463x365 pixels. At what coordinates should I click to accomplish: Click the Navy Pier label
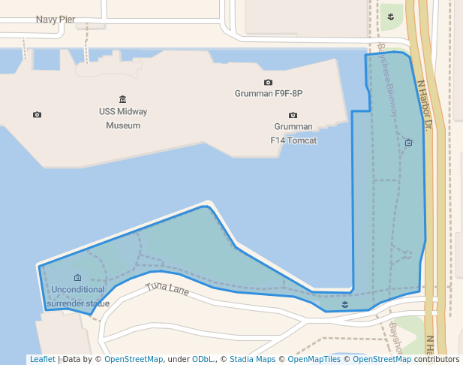56,19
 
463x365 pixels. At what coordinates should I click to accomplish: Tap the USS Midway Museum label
123,119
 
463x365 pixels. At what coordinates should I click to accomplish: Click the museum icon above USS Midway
123,99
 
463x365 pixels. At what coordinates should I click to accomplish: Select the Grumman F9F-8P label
269,94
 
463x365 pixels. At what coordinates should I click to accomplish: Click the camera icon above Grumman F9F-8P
269,82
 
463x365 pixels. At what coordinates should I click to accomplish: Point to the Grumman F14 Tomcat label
293,134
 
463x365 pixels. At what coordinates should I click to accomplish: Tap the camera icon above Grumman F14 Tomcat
293,115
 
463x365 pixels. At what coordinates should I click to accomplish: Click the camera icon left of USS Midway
38,114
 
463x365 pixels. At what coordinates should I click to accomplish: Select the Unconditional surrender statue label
78,297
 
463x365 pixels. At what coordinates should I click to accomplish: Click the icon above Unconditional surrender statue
78,278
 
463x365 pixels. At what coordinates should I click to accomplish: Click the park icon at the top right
391,15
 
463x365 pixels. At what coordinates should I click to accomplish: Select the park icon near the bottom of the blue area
344,304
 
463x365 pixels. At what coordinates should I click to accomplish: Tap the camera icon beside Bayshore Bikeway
408,142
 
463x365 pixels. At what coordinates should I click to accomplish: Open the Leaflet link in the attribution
43,359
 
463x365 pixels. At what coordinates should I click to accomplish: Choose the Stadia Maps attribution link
252,359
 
